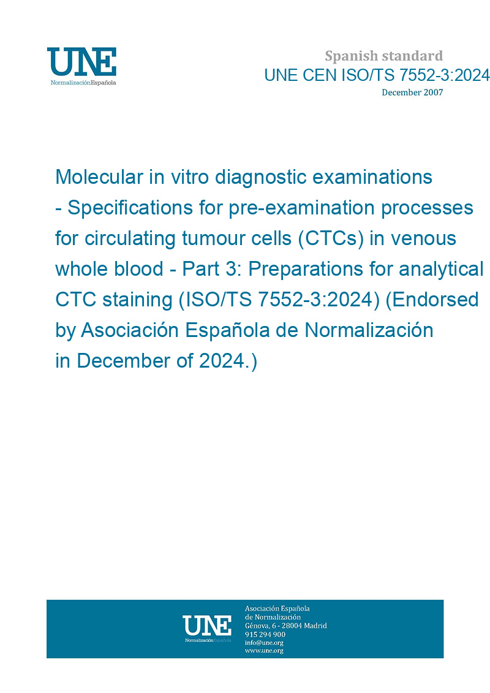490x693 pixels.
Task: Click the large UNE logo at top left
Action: pos(81,66)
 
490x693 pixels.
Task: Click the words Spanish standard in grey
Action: pos(383,56)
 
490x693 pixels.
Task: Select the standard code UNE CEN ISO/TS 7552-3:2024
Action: pos(377,75)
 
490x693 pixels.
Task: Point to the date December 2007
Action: pos(412,93)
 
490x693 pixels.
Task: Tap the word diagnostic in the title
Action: pos(261,178)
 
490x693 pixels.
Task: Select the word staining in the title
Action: pos(137,300)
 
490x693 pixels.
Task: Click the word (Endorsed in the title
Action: pos(432,300)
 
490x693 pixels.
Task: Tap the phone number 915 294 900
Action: pos(265,634)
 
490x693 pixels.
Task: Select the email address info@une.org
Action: pos(264,643)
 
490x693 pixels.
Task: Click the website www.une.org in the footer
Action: pos(264,651)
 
